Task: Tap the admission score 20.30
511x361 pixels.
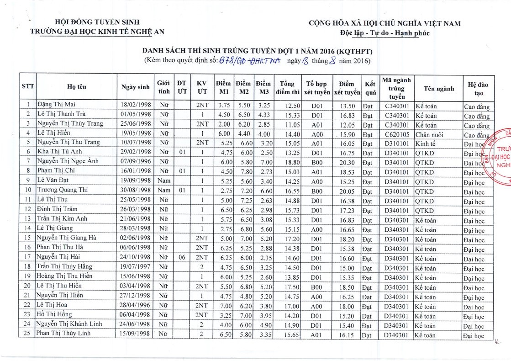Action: coord(347,161)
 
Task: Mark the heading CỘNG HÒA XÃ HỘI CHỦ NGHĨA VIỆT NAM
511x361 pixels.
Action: coord(385,23)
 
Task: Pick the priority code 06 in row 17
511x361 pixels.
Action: coord(182,257)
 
